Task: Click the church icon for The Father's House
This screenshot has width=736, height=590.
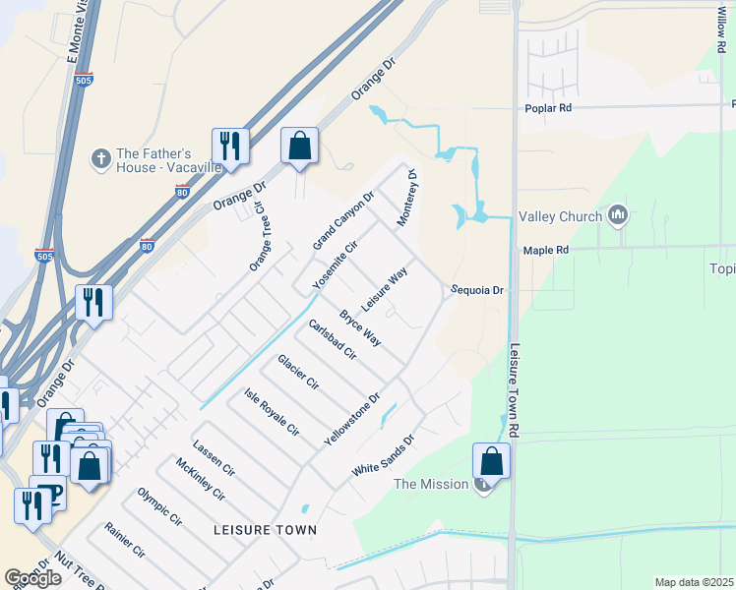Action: pos(99,157)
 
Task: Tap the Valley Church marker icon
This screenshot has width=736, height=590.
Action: pos(618,215)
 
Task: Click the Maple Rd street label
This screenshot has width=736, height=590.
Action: pos(546,251)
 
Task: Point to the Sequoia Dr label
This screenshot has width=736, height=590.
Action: pos(477,290)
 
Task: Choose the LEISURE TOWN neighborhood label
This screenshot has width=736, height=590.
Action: pos(265,530)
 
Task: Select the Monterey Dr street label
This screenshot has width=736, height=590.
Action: pos(407,200)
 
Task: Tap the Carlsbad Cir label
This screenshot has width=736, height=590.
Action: pos(332,339)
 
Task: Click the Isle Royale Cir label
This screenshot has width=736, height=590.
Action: pos(272,412)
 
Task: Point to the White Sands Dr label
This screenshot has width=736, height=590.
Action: pos(384,456)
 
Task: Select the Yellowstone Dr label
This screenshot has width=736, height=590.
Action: pos(352,421)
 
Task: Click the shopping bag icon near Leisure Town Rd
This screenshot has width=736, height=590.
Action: pos(491,459)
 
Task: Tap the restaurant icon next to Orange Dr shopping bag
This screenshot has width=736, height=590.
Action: pos(230,146)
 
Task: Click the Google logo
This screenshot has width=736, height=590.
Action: pos(32,577)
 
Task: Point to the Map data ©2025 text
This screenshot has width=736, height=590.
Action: pos(694,582)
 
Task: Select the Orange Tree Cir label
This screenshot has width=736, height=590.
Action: pos(259,238)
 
